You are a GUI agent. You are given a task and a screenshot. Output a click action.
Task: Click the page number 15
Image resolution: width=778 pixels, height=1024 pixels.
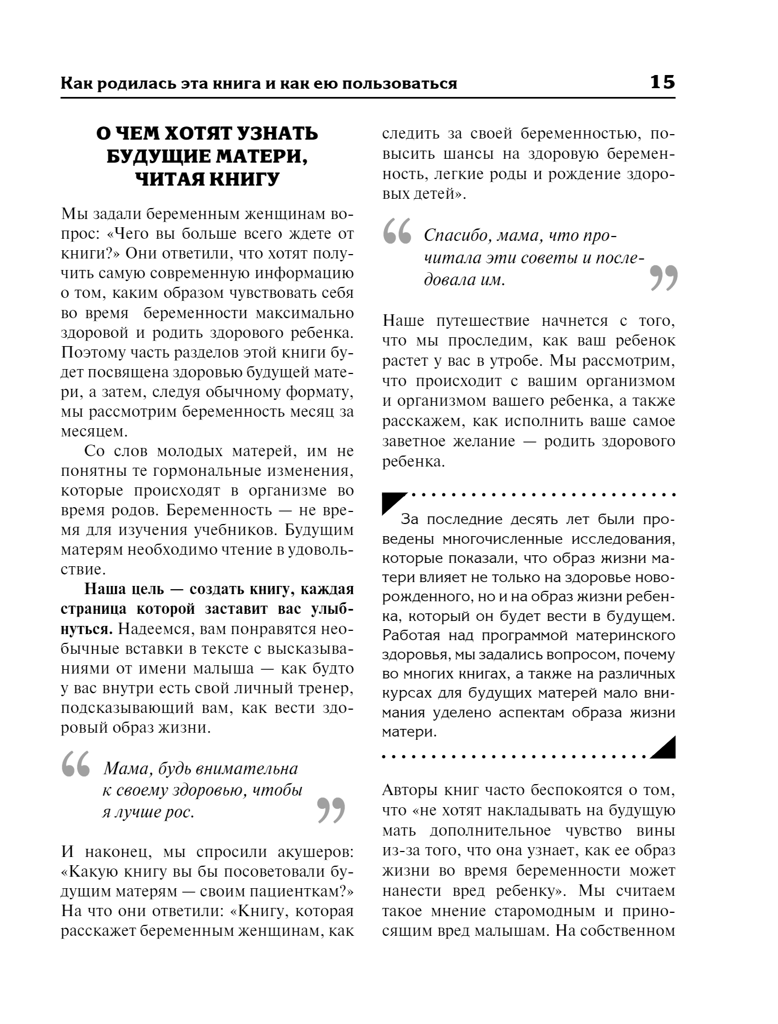click(662, 82)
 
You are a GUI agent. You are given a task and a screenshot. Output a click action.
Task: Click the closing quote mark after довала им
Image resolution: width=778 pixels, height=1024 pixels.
click(663, 278)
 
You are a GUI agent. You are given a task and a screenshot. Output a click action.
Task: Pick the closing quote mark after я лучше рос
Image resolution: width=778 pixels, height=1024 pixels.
click(331, 810)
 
